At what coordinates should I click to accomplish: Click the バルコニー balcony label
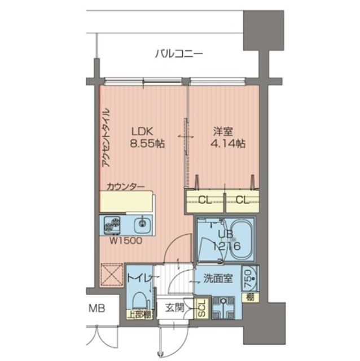178,55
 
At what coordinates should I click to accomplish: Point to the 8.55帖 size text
147,143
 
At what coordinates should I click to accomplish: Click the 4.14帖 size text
229,143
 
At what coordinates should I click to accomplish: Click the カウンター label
125,186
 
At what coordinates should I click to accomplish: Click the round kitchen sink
141,226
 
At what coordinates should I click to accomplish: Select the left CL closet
205,200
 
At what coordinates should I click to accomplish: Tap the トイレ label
137,278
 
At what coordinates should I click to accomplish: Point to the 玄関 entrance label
174,308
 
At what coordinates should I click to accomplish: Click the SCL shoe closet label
201,310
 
